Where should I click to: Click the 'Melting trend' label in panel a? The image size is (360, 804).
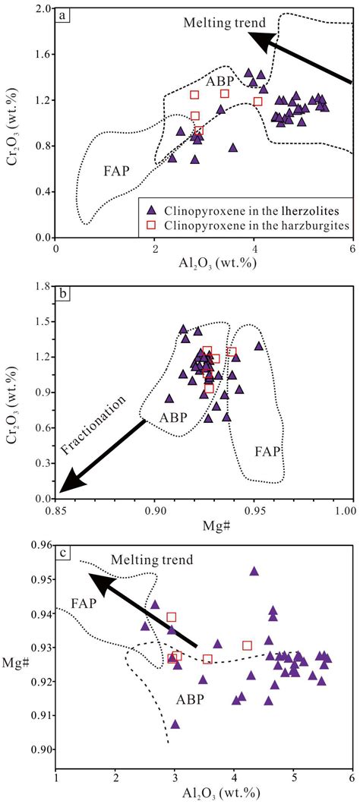(217, 21)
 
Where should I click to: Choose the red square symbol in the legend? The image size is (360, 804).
(153, 225)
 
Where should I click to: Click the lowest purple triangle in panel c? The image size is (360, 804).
(175, 724)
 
